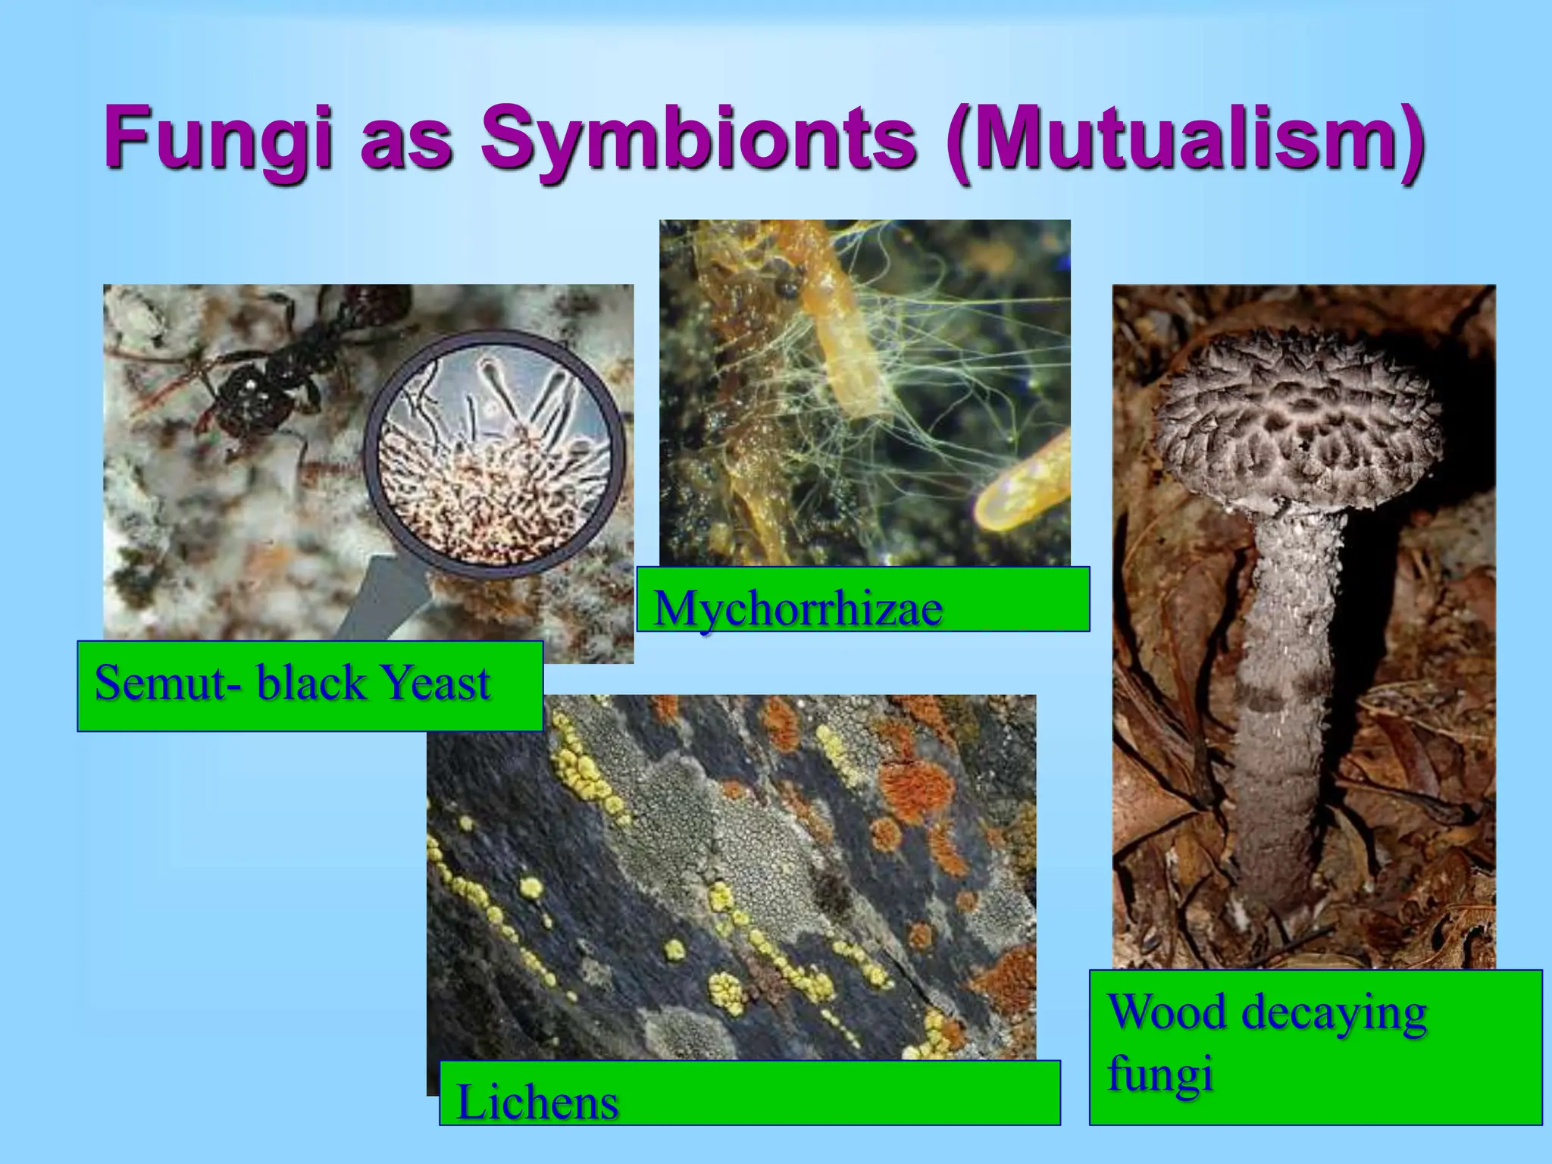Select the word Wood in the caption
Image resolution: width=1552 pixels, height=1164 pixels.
click(1166, 1011)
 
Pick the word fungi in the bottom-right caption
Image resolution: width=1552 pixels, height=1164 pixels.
click(1159, 1074)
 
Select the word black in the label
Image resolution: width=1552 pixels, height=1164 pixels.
click(301, 681)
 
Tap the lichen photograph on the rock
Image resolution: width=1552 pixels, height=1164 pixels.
click(731, 871)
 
